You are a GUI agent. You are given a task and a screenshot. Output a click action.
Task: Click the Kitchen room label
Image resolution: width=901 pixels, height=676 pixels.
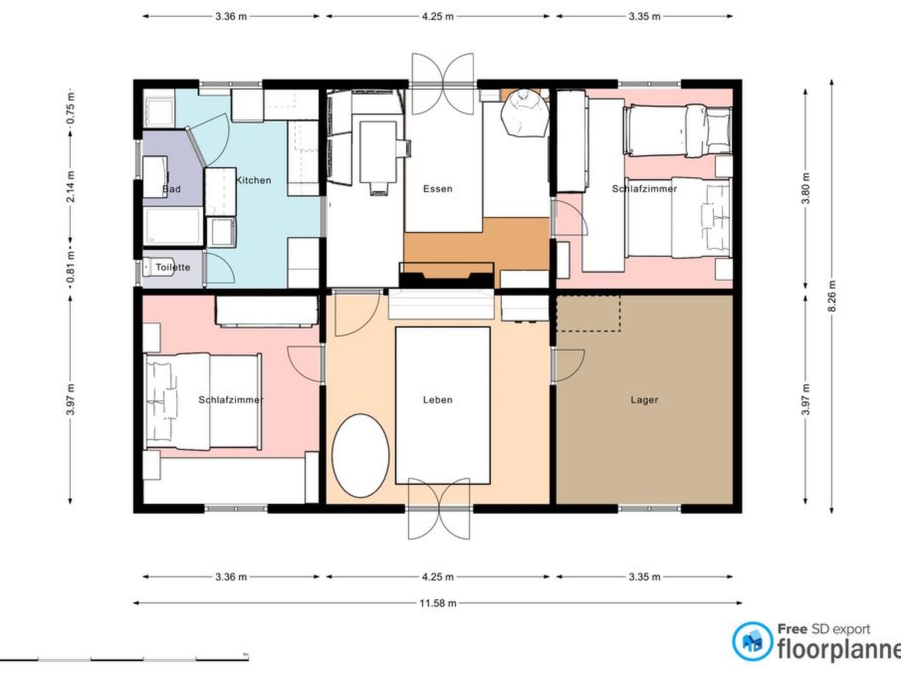(x=253, y=180)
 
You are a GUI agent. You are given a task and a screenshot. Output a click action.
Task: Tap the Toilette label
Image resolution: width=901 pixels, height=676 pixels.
(x=173, y=267)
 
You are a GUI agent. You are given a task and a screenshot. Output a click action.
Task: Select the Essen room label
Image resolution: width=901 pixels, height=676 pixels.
(x=437, y=189)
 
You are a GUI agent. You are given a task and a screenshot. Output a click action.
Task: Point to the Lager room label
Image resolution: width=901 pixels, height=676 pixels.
(x=644, y=400)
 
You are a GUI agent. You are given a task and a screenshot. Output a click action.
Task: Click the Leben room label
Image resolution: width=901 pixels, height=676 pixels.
(x=437, y=400)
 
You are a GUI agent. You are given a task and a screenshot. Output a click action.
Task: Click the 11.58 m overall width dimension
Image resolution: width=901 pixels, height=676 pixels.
(x=437, y=603)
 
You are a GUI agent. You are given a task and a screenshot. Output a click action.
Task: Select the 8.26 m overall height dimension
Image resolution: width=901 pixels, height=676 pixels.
(x=831, y=296)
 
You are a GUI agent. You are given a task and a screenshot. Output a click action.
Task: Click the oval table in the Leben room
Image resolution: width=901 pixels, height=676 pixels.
(x=360, y=456)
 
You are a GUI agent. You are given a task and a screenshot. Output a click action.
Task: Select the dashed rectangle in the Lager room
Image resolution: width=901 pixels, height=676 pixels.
(x=588, y=313)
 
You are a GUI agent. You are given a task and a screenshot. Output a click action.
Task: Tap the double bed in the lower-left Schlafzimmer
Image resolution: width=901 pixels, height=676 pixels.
(x=202, y=401)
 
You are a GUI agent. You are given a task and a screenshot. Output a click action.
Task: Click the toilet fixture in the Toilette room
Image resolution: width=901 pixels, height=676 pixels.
(x=150, y=268)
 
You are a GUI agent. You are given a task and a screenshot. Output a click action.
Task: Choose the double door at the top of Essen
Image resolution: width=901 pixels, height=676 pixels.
(x=443, y=84)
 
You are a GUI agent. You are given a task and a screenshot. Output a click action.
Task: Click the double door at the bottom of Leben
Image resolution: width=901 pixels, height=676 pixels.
(x=439, y=509)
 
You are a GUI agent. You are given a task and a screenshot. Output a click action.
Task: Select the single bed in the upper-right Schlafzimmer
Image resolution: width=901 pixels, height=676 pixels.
(x=678, y=130)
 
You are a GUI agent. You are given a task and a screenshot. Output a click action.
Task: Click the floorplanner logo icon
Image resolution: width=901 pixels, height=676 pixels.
(x=752, y=641)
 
